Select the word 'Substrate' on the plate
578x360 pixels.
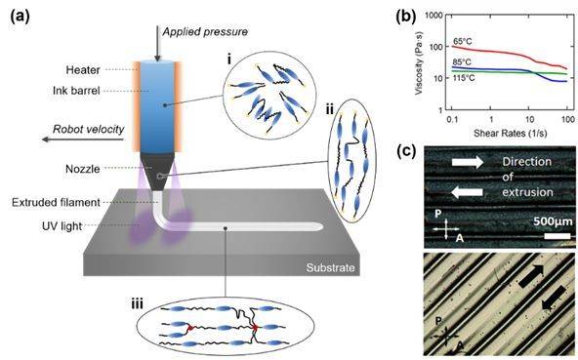coord(324,266)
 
